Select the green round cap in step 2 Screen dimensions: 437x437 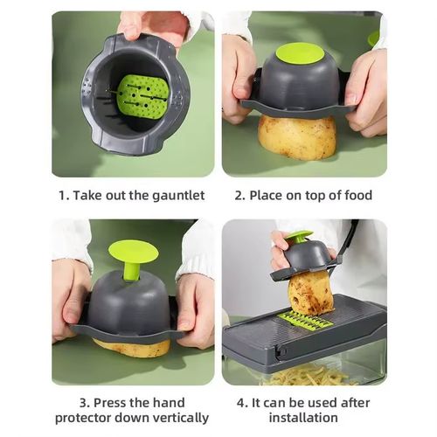(x=300, y=53)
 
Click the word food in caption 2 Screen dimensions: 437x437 (x=355, y=195)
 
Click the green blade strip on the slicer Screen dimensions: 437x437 (x=305, y=321)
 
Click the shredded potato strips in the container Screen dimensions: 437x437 (x=306, y=375)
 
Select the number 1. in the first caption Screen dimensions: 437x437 (x=63, y=195)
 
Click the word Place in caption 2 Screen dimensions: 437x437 (x=267, y=195)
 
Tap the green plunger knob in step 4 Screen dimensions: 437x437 (x=298, y=236)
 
